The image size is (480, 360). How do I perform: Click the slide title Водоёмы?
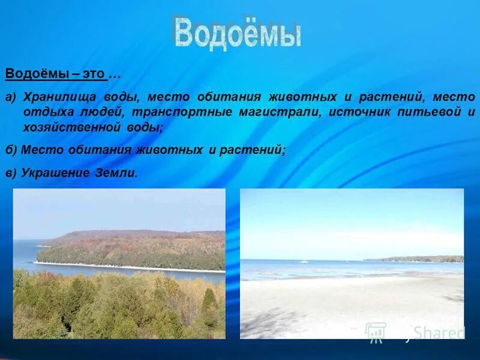pyautogui.click(x=237, y=34)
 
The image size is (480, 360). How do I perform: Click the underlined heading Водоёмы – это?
pyautogui.click(x=56, y=74)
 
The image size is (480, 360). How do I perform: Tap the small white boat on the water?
pyautogui.click(x=304, y=262)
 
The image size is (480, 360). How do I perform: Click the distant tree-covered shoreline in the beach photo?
pyautogui.click(x=420, y=259)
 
